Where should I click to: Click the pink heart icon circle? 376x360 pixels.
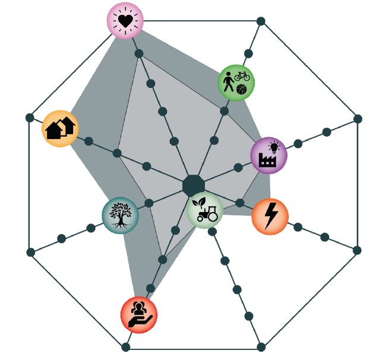coord(125,20)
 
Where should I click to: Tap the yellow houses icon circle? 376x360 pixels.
coord(60,128)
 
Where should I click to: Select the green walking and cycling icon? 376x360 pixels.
coord(236,83)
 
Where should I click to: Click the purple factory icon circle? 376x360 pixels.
coord(268,156)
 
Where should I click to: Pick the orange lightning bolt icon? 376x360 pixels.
coord(270,217)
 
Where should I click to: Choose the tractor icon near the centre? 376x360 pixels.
coord(205,210)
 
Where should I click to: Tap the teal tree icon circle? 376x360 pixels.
coord(120,215)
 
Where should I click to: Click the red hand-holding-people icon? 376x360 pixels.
coord(138,315)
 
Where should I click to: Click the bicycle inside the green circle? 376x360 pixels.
coord(241,76)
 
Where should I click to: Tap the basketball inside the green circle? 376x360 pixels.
coord(241,90)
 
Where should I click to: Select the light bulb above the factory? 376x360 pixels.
coord(274,146)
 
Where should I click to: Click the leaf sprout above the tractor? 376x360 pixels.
coord(201,201)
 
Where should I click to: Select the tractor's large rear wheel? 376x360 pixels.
coord(211,216)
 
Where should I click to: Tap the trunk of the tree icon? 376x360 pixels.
coord(120,221)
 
